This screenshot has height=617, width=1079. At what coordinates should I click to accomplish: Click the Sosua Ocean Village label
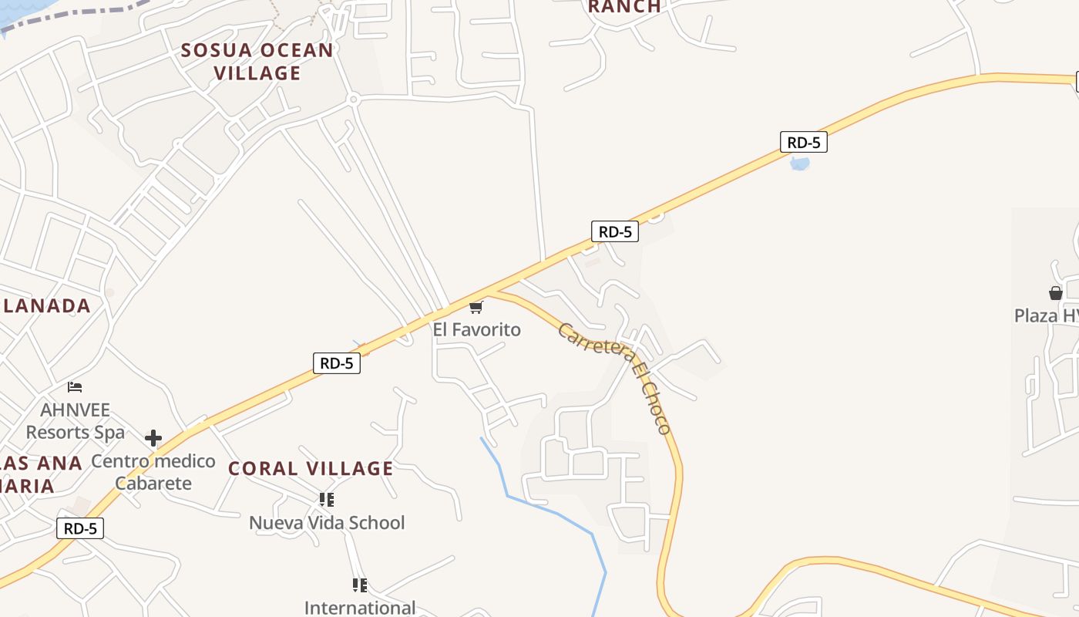point(257,62)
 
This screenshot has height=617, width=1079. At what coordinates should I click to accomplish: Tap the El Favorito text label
point(476,330)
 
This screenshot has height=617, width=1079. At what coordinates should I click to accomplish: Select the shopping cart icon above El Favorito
point(476,308)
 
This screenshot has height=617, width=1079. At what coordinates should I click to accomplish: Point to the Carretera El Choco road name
point(614,378)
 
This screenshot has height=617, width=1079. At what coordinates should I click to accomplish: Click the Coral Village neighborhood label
point(311,468)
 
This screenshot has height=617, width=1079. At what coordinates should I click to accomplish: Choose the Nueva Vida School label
point(327,523)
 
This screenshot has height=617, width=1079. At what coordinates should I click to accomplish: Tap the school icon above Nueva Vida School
point(327,500)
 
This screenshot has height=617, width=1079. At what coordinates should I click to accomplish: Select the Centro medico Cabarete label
point(153,472)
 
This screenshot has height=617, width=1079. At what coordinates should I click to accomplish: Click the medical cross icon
point(153,438)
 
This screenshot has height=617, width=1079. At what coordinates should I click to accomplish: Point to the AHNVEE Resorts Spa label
point(76,421)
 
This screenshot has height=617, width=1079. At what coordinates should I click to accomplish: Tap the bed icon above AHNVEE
point(75,387)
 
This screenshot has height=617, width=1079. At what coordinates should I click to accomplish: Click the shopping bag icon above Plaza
point(1055,293)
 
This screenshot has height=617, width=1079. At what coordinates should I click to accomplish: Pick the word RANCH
point(624,7)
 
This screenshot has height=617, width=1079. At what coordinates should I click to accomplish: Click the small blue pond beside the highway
point(800,164)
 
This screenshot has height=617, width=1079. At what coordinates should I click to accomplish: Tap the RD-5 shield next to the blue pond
point(803,143)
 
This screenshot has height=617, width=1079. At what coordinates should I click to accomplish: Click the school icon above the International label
point(359,585)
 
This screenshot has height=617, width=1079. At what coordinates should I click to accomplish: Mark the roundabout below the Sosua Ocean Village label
point(353,99)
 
